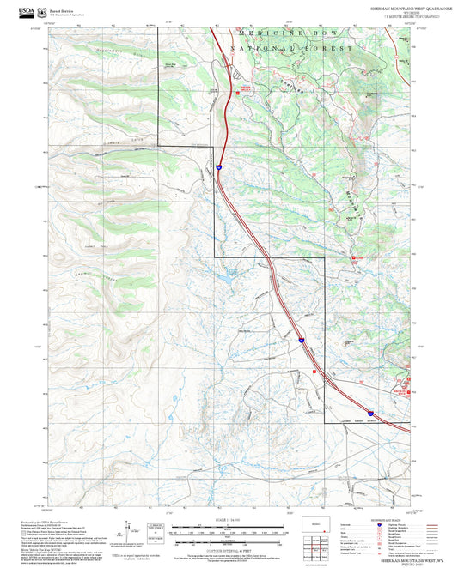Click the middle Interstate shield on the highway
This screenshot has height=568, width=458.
[302, 341]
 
